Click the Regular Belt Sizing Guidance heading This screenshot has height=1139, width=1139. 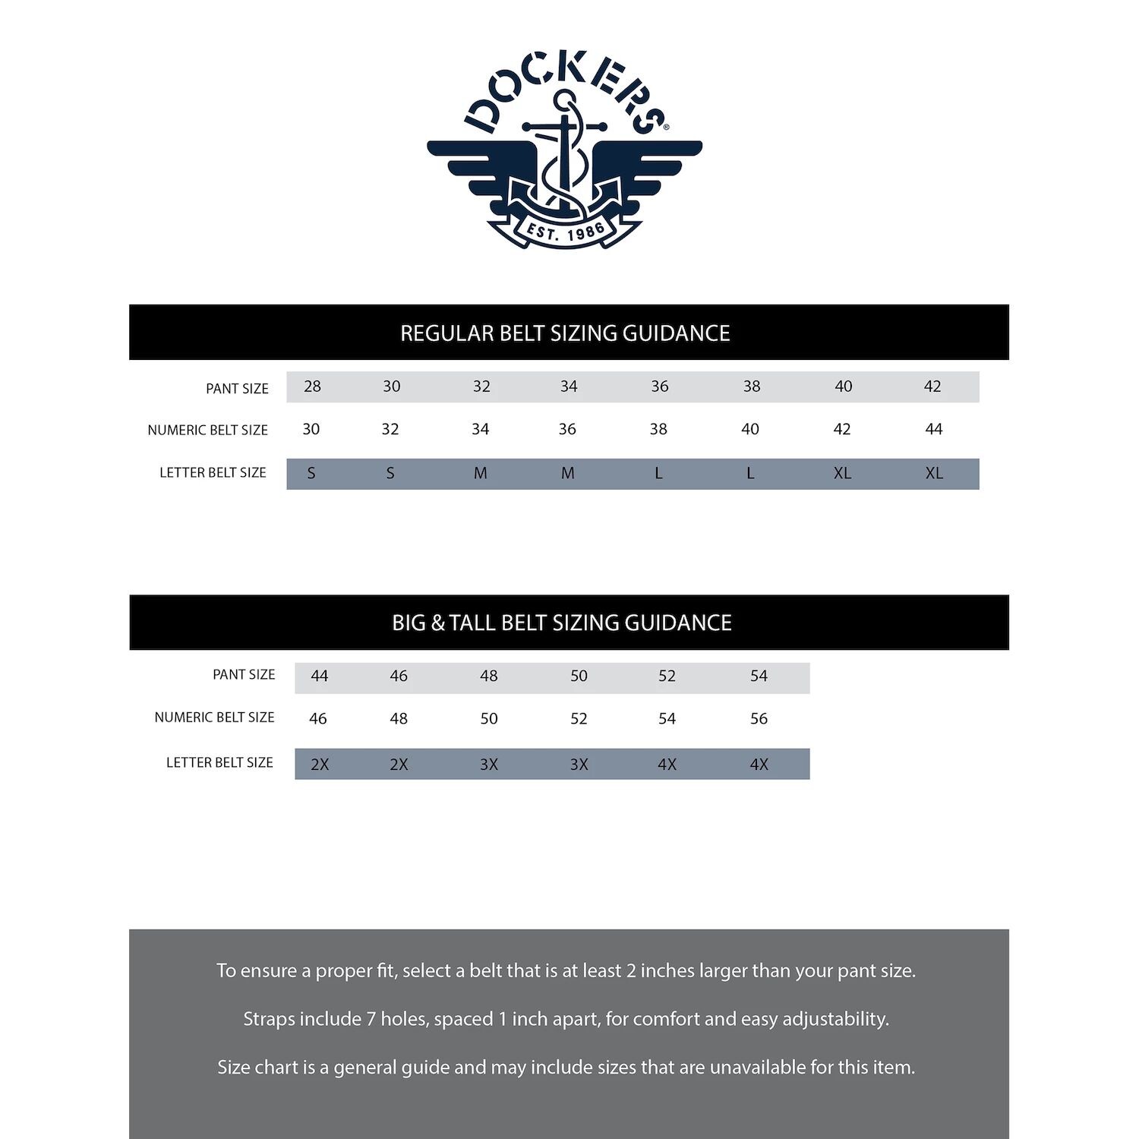(565, 333)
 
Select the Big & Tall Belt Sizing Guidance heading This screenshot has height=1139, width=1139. (562, 623)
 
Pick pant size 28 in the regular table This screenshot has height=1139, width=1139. (312, 387)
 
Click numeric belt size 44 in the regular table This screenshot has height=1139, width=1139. (933, 430)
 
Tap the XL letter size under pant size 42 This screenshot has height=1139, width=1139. (933, 474)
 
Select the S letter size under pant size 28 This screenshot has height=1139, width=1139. (311, 474)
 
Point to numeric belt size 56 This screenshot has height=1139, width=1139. (759, 718)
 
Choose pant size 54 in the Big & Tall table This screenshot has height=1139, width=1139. (759, 676)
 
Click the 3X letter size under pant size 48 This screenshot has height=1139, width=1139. (489, 765)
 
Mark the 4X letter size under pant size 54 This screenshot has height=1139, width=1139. (759, 765)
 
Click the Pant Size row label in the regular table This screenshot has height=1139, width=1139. (237, 389)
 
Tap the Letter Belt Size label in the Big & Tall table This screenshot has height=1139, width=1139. (219, 762)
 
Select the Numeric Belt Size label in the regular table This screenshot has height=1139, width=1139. (207, 431)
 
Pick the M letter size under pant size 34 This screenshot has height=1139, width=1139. (568, 474)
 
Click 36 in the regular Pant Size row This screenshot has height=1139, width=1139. (660, 387)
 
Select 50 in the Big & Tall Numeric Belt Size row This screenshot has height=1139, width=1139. (489, 718)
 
